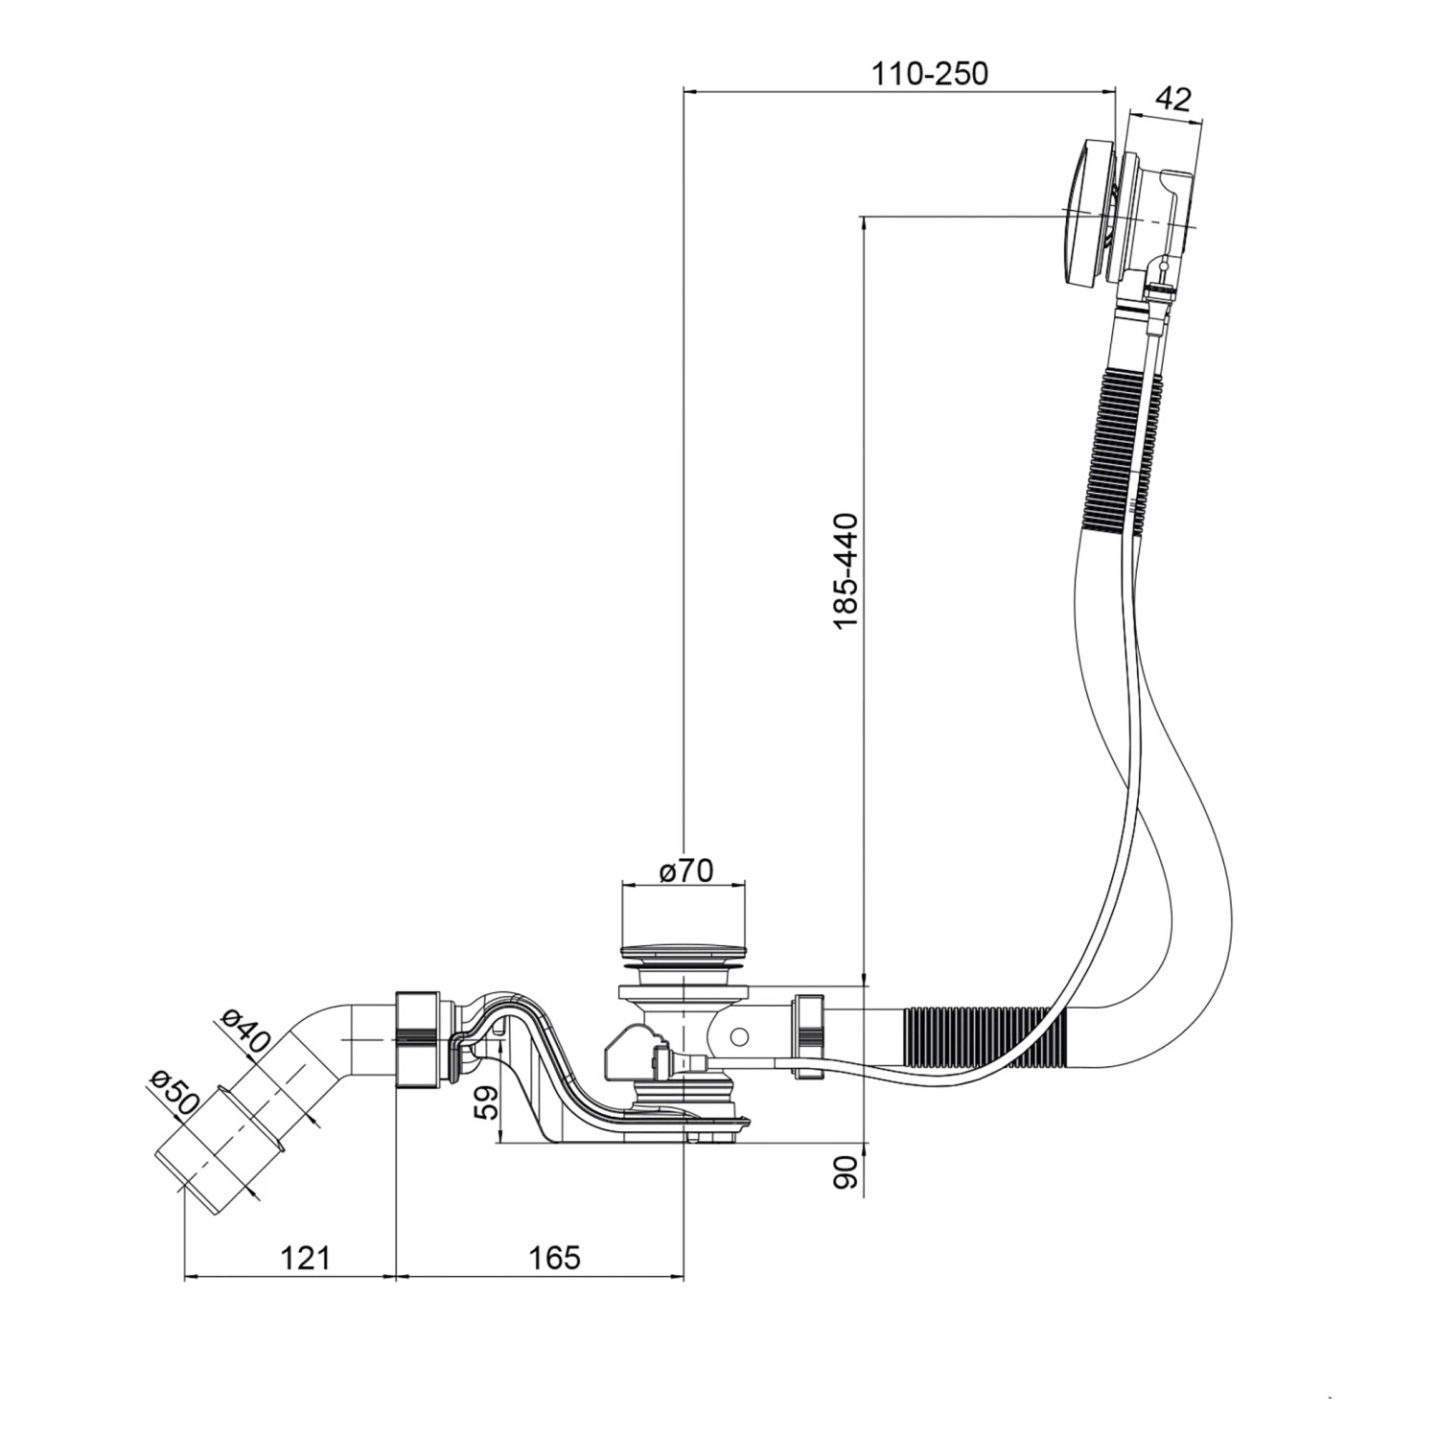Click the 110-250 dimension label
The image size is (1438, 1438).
(x=929, y=73)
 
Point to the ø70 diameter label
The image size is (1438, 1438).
(x=686, y=870)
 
